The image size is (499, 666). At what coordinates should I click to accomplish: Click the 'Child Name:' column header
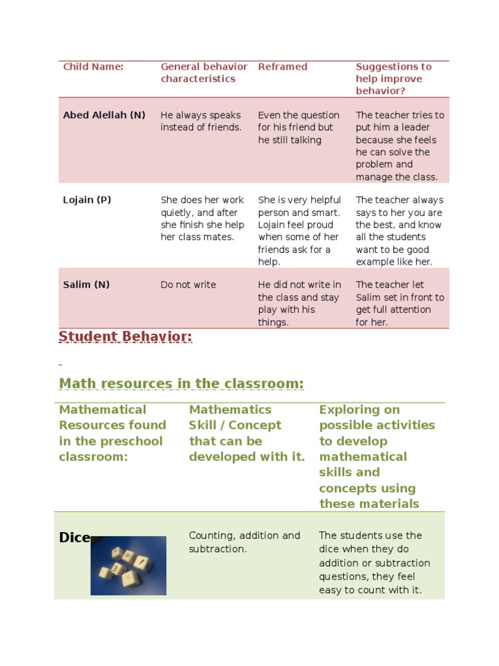tap(93, 66)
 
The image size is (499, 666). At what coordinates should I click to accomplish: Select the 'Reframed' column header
tap(283, 66)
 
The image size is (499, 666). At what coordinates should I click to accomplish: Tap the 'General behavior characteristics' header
tap(204, 72)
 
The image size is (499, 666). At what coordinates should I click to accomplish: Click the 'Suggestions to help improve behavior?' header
tap(394, 79)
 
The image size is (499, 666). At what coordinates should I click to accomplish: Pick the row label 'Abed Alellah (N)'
tap(104, 115)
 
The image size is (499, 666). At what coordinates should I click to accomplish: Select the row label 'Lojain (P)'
tap(87, 200)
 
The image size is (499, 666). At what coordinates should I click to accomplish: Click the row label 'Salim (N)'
tap(85, 285)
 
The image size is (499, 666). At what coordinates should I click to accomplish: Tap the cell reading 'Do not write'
tap(188, 285)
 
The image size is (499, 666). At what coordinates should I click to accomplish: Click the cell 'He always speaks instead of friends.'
tap(201, 121)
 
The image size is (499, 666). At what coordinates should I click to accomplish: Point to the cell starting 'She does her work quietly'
tap(202, 219)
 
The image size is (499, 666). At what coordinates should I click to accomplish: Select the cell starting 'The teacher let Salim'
tap(400, 303)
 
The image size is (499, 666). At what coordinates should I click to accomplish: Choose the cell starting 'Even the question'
tap(298, 127)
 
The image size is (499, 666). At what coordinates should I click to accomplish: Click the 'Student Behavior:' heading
tap(125, 337)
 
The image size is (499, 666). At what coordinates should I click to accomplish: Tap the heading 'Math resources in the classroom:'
tap(181, 384)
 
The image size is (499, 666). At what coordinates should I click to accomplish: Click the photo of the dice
tap(128, 565)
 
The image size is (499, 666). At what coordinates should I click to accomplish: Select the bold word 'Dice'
tap(74, 538)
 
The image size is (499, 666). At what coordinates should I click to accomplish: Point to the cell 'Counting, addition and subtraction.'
tap(244, 542)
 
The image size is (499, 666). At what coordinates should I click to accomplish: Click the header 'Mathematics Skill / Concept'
tap(246, 433)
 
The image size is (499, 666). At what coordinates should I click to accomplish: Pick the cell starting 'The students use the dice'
tap(374, 563)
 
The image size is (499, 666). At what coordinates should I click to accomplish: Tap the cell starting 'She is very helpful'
tap(299, 231)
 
